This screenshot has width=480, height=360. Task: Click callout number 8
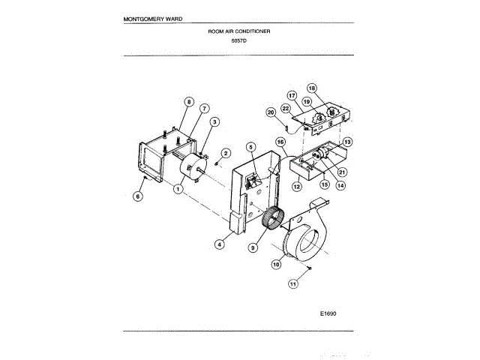189,101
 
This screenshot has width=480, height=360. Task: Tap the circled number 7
204,108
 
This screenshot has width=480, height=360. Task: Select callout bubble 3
214,122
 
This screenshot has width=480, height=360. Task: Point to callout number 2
226,153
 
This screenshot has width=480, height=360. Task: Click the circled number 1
178,190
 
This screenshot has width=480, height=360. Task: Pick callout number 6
137,196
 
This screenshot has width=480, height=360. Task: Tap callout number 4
220,243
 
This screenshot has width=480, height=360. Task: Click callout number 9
253,247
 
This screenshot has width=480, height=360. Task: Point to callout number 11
294,283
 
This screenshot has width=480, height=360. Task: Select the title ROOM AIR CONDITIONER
239,31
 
